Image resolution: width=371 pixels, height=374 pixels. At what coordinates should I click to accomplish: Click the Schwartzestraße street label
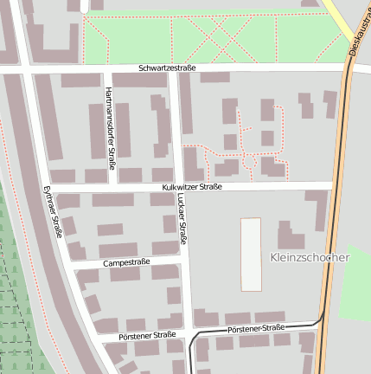pos(167,68)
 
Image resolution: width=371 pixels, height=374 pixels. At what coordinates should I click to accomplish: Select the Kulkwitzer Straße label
pos(191,186)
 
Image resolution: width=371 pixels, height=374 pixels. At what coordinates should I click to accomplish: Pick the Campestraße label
pos(126,261)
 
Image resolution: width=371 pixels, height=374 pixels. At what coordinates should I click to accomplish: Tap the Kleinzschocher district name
pos(309,257)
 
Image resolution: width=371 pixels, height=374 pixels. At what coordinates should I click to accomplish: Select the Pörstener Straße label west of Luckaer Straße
pos(140,335)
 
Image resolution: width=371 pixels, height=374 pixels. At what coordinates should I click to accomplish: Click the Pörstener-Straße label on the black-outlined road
pos(255,329)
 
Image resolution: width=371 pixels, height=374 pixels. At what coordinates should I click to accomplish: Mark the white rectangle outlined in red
pos(250,254)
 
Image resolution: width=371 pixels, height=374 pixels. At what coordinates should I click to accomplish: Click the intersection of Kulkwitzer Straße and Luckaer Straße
pos(176,186)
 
